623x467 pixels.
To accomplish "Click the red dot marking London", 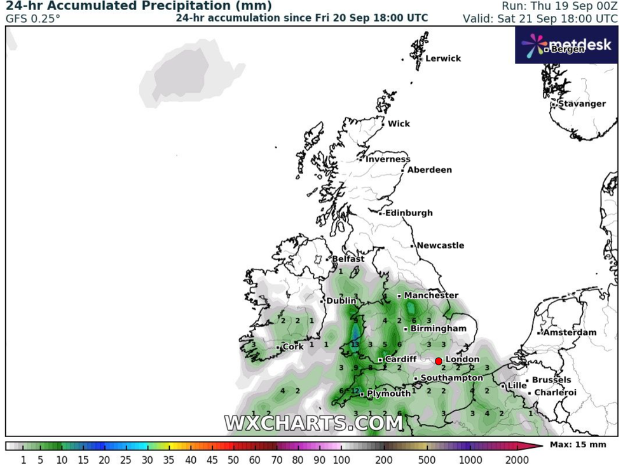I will point(439,361).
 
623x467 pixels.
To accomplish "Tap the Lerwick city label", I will point(443,58).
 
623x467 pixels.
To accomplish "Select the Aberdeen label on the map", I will point(429,170).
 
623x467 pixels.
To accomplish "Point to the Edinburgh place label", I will point(409,213).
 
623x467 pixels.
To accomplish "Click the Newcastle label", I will point(440,246).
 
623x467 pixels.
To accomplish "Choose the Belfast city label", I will point(348,259).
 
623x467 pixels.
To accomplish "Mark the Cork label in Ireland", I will point(292,347).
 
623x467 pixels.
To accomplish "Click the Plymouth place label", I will point(388,394).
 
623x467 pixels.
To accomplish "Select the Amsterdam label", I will point(569,332).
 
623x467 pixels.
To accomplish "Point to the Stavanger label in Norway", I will point(582,104).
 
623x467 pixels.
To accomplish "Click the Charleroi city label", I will point(554,393).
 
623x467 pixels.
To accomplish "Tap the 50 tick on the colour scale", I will point(233,459).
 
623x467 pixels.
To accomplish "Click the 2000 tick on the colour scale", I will point(517,459).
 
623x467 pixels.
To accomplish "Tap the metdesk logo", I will point(566,44).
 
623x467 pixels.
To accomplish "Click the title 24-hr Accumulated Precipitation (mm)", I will point(139,6).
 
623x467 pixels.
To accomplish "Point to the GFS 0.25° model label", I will point(33,18).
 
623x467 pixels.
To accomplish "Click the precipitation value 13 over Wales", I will point(355,345).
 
